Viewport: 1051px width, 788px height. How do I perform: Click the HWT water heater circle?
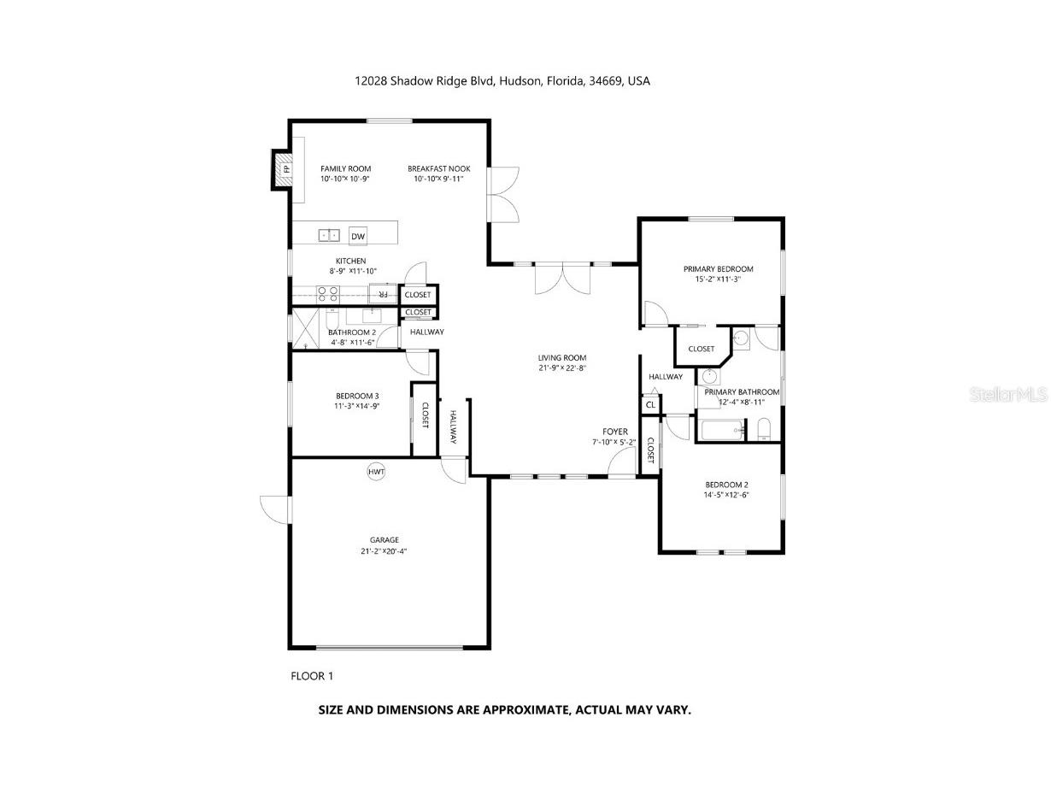coord(376,472)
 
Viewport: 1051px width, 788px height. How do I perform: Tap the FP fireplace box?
coord(283,169)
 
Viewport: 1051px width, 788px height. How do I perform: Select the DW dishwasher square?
coord(358,236)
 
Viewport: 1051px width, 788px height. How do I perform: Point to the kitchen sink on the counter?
coord(329,235)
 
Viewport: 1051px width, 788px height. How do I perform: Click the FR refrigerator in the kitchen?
coord(383,294)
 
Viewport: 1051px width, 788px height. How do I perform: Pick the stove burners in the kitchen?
coord(328,294)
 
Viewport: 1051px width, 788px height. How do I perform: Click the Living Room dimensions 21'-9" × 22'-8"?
coord(562,368)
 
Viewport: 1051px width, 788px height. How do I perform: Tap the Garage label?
coord(384,540)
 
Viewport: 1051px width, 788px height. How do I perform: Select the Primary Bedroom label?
coord(718,269)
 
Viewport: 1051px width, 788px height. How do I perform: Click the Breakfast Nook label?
coord(438,168)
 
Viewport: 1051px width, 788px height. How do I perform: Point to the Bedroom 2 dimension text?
coord(726,495)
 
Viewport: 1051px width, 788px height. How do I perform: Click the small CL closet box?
coord(650,404)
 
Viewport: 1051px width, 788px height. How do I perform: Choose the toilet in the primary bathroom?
coord(764,429)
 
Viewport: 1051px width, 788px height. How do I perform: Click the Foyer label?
coord(615,432)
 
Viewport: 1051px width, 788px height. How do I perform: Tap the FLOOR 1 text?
coord(312,675)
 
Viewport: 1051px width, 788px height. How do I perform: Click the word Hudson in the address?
coord(520,81)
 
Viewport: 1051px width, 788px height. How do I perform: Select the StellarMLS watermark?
coord(1008,394)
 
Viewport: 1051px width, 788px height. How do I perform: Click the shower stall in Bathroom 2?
coord(306,328)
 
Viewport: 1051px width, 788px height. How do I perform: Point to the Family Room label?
coord(346,168)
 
